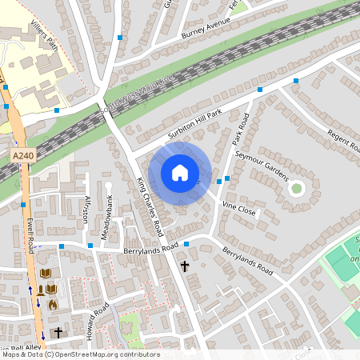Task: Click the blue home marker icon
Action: coord(180,172)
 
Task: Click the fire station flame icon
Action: coord(52,304)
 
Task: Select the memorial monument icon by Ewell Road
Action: coord(41,290)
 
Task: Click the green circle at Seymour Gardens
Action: coord(297,189)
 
